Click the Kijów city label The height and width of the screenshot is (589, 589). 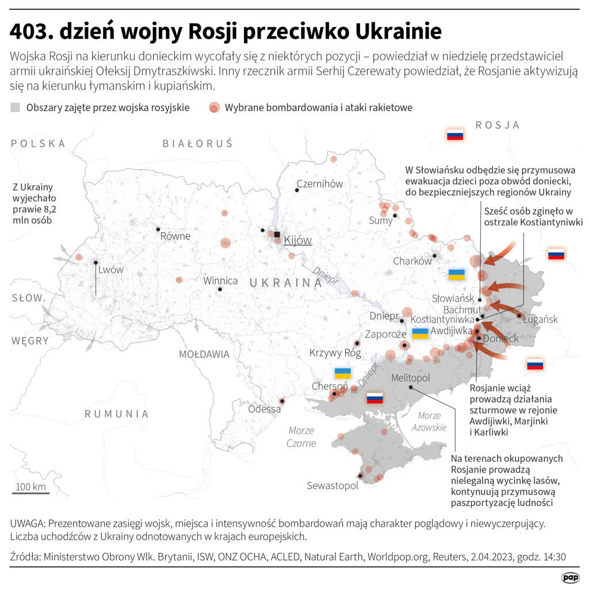point(298,240)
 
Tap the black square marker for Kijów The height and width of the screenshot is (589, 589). point(277,235)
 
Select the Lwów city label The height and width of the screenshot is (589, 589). point(110,269)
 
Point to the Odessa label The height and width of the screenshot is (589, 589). point(265,409)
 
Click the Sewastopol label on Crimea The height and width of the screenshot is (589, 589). point(332,485)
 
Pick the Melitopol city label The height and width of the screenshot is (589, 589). point(410,378)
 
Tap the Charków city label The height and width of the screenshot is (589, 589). point(412,261)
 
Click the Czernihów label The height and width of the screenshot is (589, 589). point(319,184)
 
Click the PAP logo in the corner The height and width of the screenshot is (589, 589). point(570,577)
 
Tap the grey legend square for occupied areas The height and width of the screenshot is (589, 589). point(16,107)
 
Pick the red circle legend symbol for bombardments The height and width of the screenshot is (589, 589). point(214,107)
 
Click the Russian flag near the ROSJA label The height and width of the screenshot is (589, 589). point(455,135)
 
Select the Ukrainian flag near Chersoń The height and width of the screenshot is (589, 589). point(343,373)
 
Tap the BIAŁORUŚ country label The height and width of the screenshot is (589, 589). point(197,144)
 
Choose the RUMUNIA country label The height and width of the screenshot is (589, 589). point(117,414)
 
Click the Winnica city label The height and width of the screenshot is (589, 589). point(220,281)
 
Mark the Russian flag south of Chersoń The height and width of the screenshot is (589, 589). point(375,397)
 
